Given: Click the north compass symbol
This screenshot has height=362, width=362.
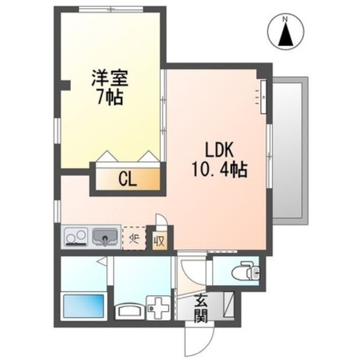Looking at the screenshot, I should tap(286, 33).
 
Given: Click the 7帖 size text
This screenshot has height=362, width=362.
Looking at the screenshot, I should tap(110, 97).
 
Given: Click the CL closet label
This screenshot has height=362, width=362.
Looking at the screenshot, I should tap(127, 179).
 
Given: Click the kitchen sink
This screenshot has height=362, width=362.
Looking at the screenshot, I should tap(105, 236).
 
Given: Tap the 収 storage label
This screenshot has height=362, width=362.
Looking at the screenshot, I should tap(160, 240).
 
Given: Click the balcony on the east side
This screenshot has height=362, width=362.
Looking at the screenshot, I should tap(290, 150).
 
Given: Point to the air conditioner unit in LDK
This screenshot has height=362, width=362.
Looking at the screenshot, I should tap(263, 93).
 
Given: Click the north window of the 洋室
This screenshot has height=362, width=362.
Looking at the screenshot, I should tap(111, 8).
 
